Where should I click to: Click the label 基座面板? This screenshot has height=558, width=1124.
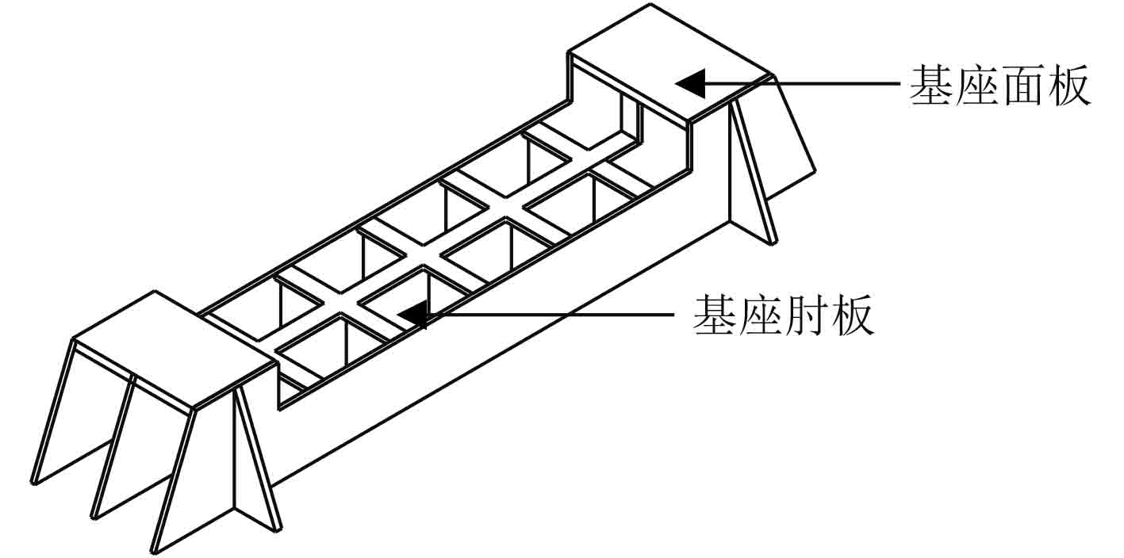coord(1000,86)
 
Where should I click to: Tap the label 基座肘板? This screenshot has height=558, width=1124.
coord(784,315)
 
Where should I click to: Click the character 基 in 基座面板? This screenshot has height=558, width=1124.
coord(932,86)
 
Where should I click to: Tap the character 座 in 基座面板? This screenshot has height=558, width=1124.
coord(978,86)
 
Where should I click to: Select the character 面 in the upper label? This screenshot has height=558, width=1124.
coord(1023,86)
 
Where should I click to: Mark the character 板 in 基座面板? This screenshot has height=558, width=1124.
coord(1068,86)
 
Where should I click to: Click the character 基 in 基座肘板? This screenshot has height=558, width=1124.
coord(715,315)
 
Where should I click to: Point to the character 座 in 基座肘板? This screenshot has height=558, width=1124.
coord(761,315)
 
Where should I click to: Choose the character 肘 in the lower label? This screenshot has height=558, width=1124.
coord(807,315)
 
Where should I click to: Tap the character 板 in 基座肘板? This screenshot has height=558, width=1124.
coord(852,315)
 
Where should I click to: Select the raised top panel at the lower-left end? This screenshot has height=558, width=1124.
coord(171,349)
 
